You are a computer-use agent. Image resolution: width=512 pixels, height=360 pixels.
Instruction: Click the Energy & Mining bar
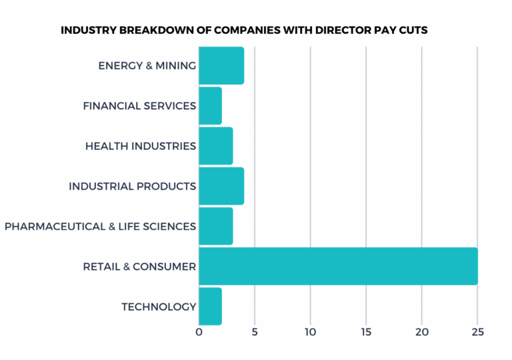coord(221,65)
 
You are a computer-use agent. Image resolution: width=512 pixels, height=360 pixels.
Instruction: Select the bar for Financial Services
coord(210,105)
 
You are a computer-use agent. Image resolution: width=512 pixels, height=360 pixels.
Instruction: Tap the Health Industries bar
coord(215,145)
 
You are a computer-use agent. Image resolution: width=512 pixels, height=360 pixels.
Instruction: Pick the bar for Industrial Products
coord(221,186)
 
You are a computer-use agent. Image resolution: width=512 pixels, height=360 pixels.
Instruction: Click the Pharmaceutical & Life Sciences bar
coord(215,226)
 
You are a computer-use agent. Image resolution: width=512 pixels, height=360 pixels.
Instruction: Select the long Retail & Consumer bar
coord(338,266)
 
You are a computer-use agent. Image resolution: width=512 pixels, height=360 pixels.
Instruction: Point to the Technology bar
coord(210,307)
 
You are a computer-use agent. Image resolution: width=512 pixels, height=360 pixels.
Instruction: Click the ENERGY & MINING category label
coord(147,65)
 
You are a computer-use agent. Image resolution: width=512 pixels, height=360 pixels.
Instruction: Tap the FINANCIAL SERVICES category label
coord(139,105)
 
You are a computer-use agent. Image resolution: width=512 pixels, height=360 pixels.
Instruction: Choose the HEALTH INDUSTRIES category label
coord(141,145)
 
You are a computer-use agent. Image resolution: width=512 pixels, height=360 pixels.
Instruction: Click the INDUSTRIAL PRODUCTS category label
coord(132,186)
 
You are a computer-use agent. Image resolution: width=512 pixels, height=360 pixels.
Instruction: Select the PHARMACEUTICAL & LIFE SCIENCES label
coord(100,226)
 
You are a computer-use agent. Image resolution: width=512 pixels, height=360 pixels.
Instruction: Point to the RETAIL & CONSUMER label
coord(139,267)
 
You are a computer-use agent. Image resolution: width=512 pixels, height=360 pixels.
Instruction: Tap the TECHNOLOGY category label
coord(159,307)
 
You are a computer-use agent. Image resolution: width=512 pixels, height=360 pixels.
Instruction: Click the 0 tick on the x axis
coord(199,332)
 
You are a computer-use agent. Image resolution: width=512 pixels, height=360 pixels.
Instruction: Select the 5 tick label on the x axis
coord(255,332)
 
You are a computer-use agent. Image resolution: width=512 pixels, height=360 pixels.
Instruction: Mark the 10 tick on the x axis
coord(310,332)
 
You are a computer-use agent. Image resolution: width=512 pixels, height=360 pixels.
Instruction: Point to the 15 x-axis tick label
coord(366,332)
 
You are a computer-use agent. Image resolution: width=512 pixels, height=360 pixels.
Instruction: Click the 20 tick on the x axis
coord(421,332)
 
